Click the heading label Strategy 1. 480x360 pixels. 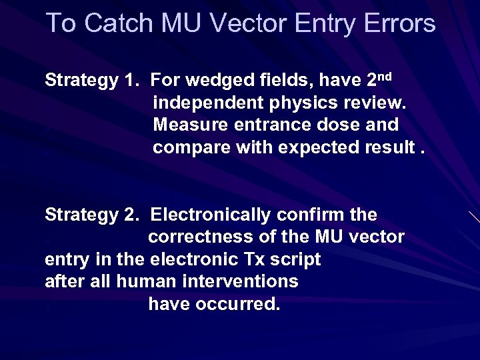point(91,81)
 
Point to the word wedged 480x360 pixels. point(213,81)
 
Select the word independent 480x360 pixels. point(207,103)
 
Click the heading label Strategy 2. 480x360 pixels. point(91,215)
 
